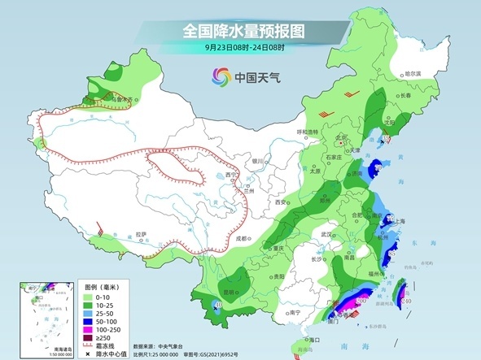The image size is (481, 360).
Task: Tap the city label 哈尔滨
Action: pyautogui.click(x=414, y=74)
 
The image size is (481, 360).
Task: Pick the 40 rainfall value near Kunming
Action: pyautogui.click(x=217, y=306)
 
